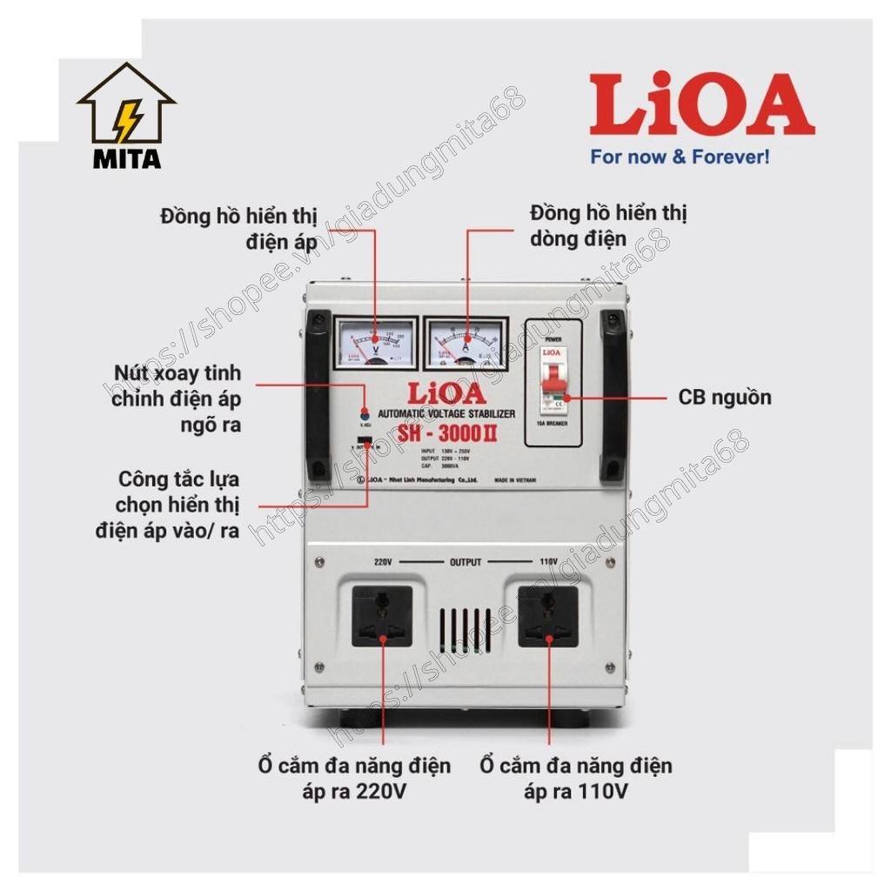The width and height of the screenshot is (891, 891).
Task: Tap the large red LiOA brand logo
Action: tap(701, 104)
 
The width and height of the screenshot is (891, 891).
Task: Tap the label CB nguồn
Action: tap(725, 398)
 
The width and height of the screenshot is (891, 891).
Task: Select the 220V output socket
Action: tap(382, 616)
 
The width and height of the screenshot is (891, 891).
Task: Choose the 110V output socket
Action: tap(549, 616)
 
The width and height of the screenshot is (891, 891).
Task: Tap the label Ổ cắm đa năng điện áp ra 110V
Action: tap(576, 779)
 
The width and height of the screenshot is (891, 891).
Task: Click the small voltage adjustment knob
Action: tap(365, 415)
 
